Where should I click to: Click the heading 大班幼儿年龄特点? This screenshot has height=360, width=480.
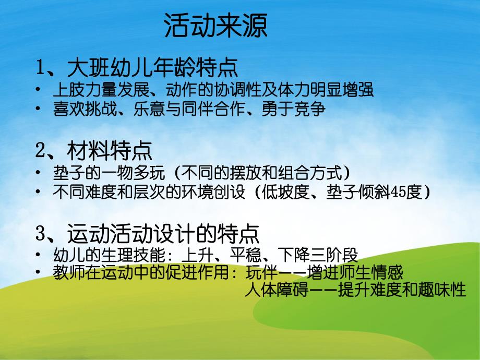(152, 68)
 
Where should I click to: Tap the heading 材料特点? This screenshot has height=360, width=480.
(110, 152)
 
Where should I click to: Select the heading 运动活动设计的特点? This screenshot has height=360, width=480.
(163, 234)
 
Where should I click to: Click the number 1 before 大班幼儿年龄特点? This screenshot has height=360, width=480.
(41, 68)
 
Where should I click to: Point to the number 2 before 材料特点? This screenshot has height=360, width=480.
(41, 152)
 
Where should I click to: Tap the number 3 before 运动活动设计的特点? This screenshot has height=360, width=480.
(41, 234)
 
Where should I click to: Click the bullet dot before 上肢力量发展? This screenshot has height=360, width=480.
(39, 90)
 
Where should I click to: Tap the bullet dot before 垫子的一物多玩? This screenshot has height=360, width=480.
(39, 172)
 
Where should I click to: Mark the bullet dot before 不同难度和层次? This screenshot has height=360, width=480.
(39, 192)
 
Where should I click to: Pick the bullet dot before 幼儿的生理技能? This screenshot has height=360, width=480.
(39, 255)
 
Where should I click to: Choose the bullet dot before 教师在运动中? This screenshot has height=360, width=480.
(39, 272)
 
